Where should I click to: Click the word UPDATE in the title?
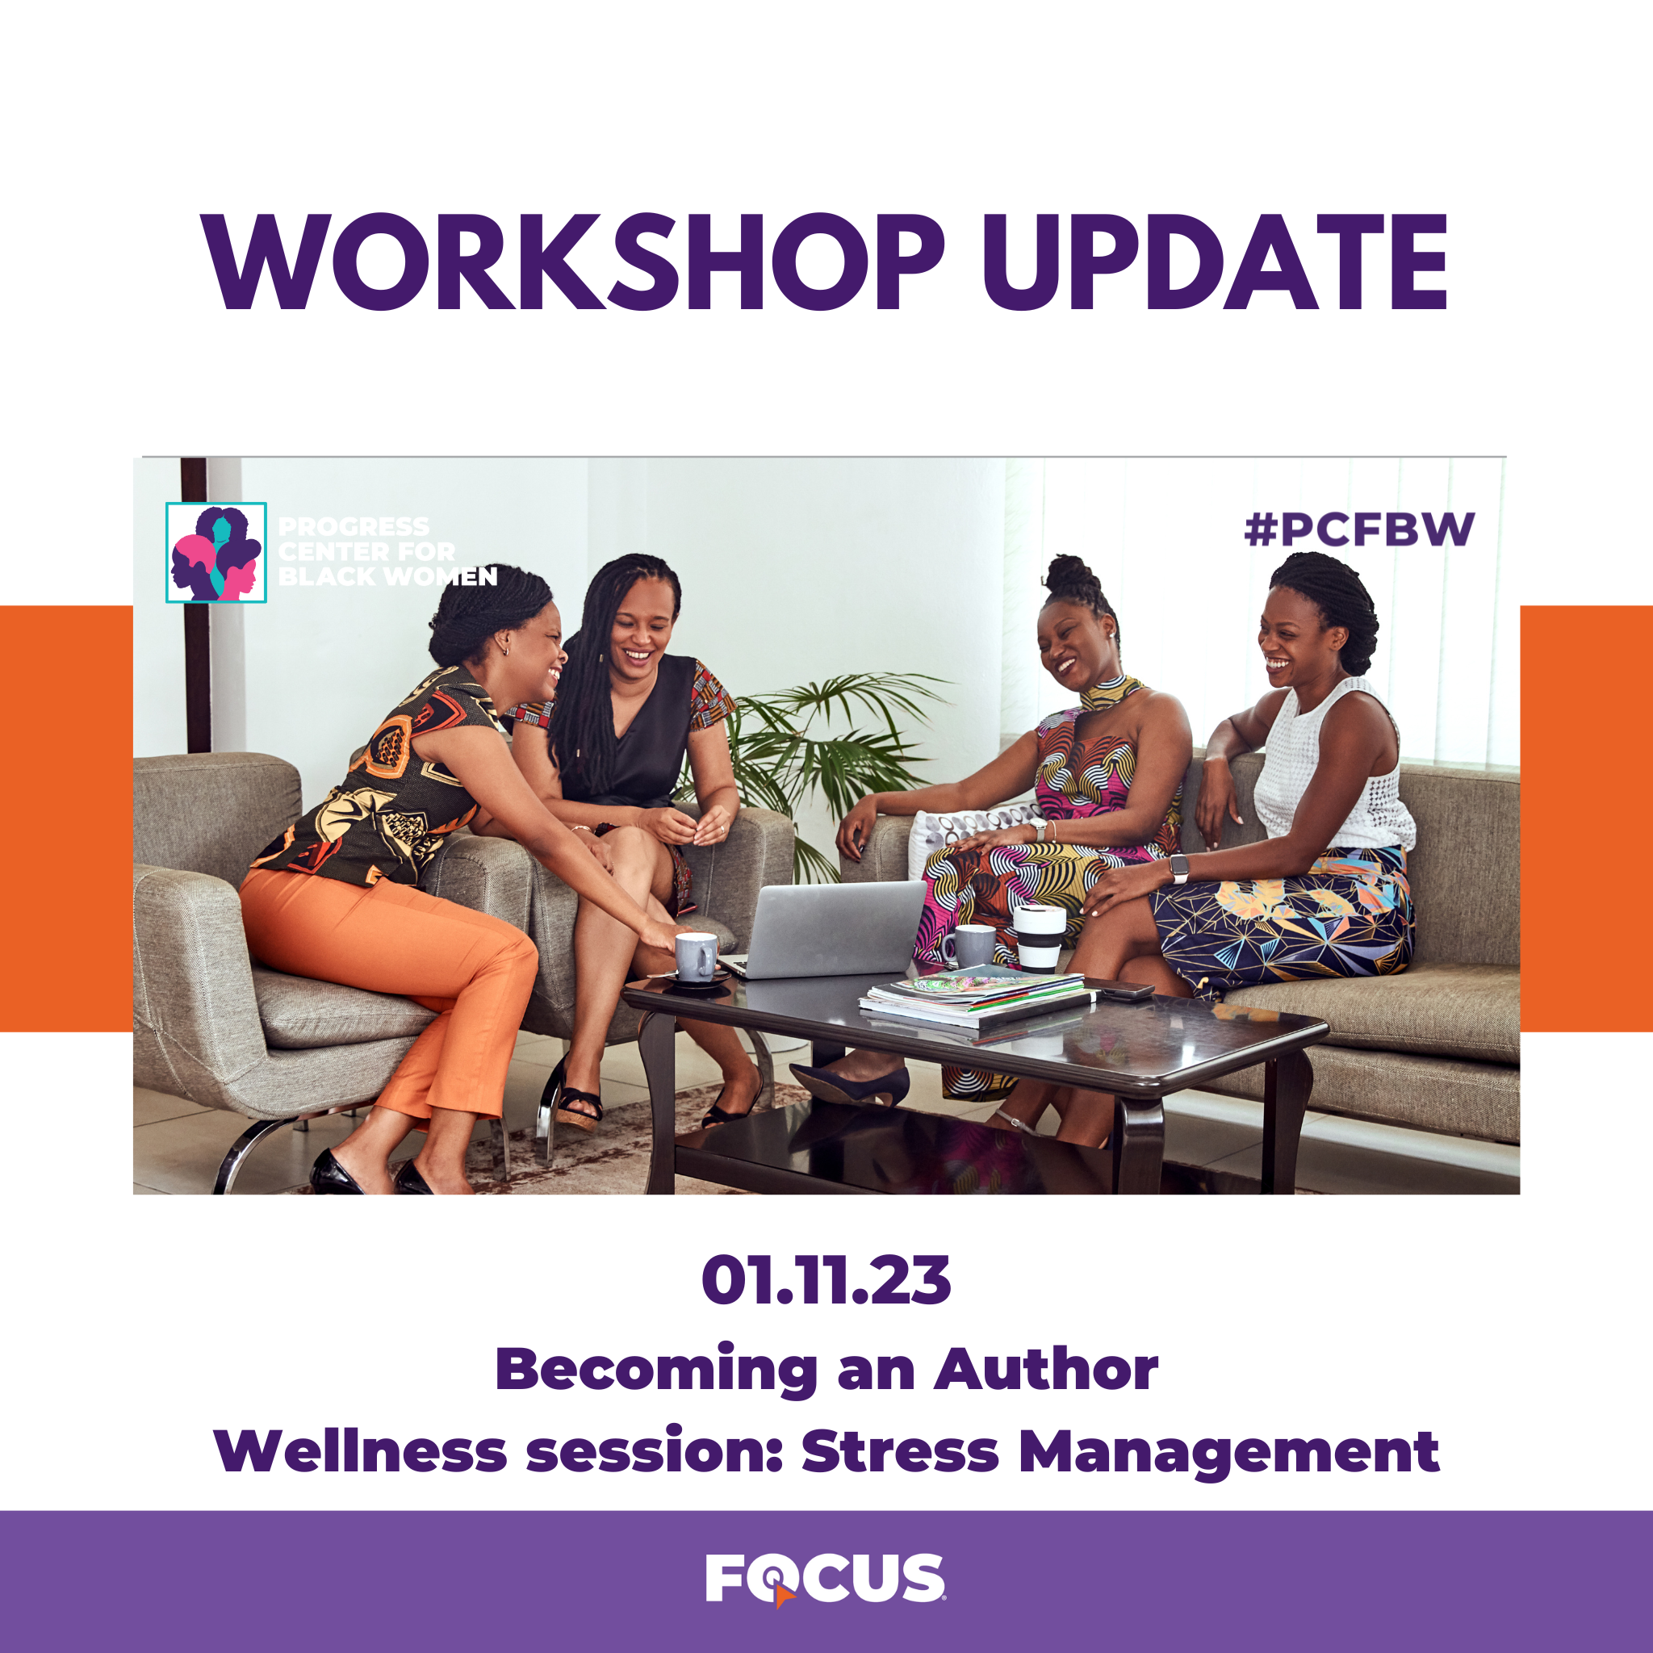tap(1215, 261)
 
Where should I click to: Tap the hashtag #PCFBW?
tap(1359, 529)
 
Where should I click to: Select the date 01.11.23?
tap(826, 1281)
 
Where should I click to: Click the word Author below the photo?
tap(1045, 1369)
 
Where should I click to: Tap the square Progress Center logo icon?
tap(216, 553)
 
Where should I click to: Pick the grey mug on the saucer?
tap(696, 956)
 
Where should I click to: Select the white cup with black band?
tap(1040, 939)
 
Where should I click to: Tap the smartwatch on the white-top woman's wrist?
tap(1180, 868)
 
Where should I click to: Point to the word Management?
tap(1229, 1454)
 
